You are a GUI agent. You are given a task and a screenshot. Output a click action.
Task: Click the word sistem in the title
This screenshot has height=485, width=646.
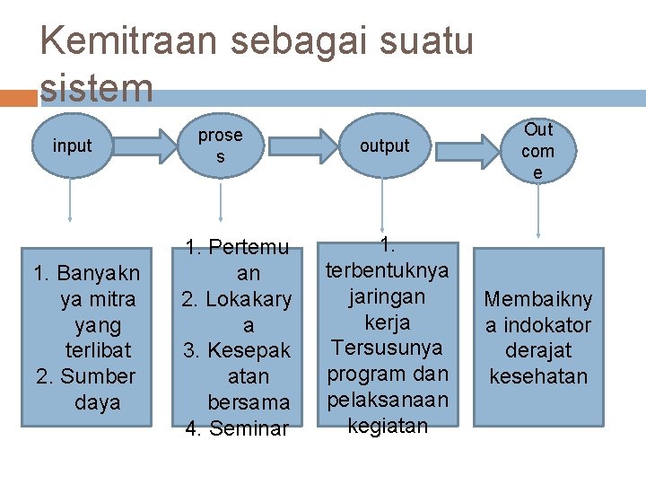click(97, 87)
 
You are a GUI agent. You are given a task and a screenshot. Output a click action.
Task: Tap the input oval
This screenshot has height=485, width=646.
click(72, 145)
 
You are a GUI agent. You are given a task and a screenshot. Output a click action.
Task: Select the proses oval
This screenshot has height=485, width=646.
click(220, 145)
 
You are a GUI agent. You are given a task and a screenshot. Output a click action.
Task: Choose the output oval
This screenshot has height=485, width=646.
click(384, 145)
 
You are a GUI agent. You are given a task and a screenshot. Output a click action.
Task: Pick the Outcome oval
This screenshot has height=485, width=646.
click(537, 150)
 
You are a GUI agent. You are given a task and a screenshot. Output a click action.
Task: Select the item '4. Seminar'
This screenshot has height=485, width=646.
click(237, 428)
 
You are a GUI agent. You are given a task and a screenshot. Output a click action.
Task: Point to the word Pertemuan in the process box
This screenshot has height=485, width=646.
click(238, 260)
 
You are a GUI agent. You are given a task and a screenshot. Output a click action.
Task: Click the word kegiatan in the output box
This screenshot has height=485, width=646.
click(387, 425)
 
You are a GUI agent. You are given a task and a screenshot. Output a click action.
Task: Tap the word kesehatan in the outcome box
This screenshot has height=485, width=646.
click(538, 375)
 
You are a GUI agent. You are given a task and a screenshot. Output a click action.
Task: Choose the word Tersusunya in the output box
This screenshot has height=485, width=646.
click(387, 347)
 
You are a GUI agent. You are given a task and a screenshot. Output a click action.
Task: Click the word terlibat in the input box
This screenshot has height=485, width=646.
click(98, 350)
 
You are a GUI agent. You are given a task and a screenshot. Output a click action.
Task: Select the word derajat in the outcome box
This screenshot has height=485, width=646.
click(538, 350)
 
